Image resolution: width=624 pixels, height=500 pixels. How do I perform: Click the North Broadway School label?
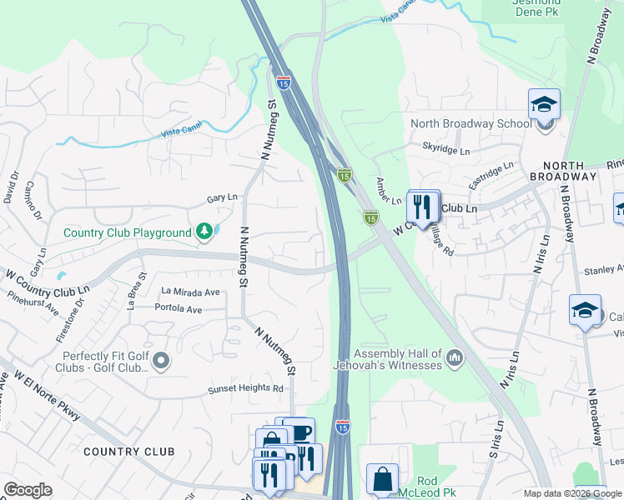click(470, 124)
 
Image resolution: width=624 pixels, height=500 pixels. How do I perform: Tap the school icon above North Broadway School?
click(544, 106)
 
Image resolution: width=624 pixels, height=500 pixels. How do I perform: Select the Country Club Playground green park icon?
click(204, 231)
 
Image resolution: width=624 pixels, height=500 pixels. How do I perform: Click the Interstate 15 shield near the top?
click(284, 83)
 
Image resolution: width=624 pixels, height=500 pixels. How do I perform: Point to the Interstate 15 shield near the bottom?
click(343, 426)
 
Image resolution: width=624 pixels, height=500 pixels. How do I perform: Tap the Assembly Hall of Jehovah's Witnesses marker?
click(455, 357)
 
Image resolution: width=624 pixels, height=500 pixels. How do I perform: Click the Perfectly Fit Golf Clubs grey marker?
click(161, 360)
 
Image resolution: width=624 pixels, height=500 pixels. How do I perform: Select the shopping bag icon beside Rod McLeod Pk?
click(382, 480)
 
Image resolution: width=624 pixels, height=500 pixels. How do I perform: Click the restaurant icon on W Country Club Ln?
click(423, 206)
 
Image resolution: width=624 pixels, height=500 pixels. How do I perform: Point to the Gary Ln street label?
click(222, 198)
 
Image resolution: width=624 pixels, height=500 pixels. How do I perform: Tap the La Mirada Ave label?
click(190, 292)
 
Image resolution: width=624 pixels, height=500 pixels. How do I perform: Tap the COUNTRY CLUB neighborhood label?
click(128, 451)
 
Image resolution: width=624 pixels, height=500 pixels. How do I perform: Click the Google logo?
click(28, 489)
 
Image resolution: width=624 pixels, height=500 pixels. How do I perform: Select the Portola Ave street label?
click(179, 309)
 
